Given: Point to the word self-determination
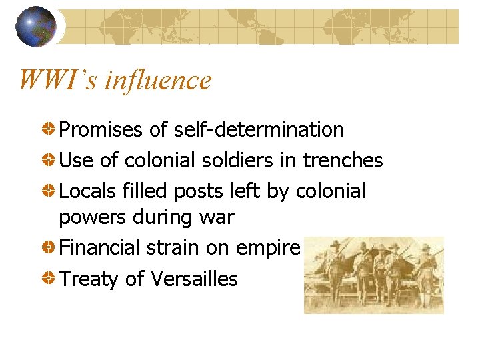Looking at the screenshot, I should [259, 130].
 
